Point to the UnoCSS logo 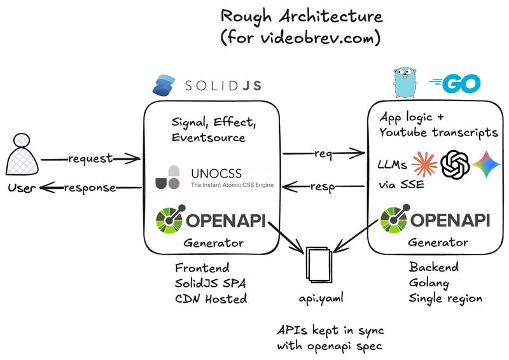pos(169,177)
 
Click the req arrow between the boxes pos(324,153)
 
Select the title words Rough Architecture pos(301,15)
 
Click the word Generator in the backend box pos(438,242)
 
